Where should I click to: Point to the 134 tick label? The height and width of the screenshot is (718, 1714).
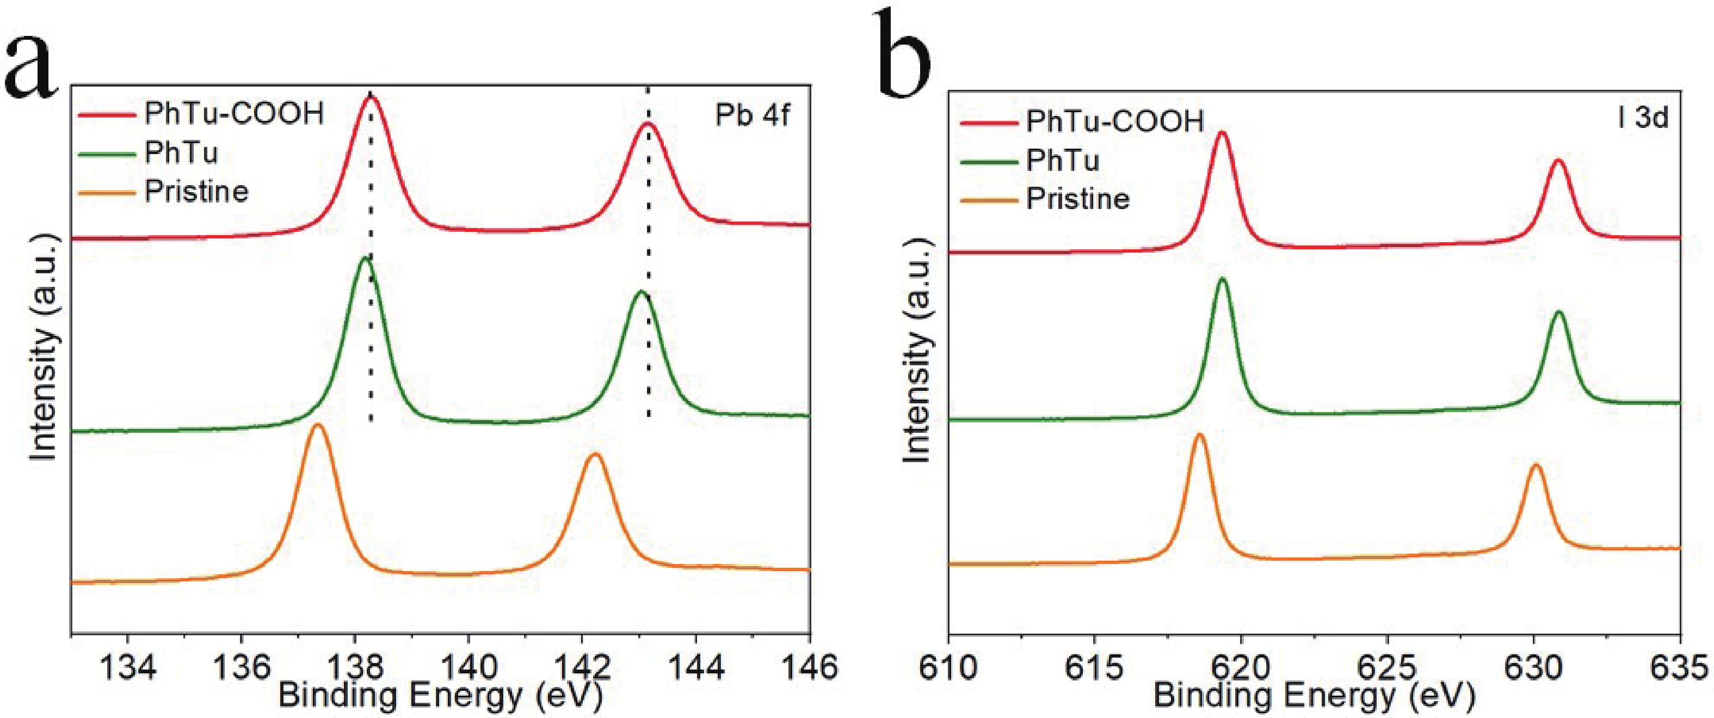[128, 666]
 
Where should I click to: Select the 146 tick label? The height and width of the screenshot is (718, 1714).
[810, 666]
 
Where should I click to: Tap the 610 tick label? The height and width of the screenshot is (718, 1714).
[948, 666]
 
